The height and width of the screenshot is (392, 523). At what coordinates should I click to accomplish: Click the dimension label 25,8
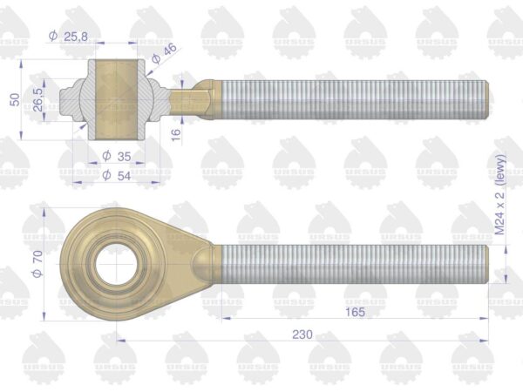(x=76, y=37)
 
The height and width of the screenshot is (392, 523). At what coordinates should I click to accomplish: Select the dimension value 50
(x=15, y=99)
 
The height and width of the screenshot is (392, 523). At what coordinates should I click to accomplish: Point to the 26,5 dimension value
(x=37, y=99)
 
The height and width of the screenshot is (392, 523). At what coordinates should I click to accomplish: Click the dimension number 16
(x=176, y=134)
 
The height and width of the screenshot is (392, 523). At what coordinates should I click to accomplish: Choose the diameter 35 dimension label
(x=117, y=156)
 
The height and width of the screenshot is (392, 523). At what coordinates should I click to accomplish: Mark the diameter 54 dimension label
(x=117, y=175)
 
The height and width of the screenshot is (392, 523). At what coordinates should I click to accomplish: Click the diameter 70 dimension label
(x=37, y=264)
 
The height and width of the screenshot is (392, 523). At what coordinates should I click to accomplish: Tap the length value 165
(x=355, y=313)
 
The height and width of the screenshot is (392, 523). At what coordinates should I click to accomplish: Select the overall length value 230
(x=302, y=335)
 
